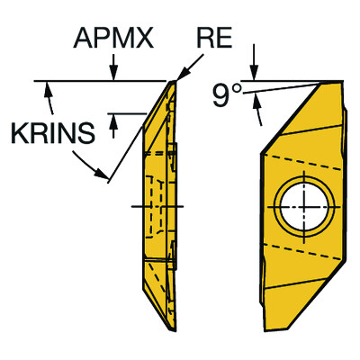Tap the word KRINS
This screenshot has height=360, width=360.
click(51, 132)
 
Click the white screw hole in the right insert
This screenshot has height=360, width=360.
click(303, 205)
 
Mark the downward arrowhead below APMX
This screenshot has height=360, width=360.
click(114, 75)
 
